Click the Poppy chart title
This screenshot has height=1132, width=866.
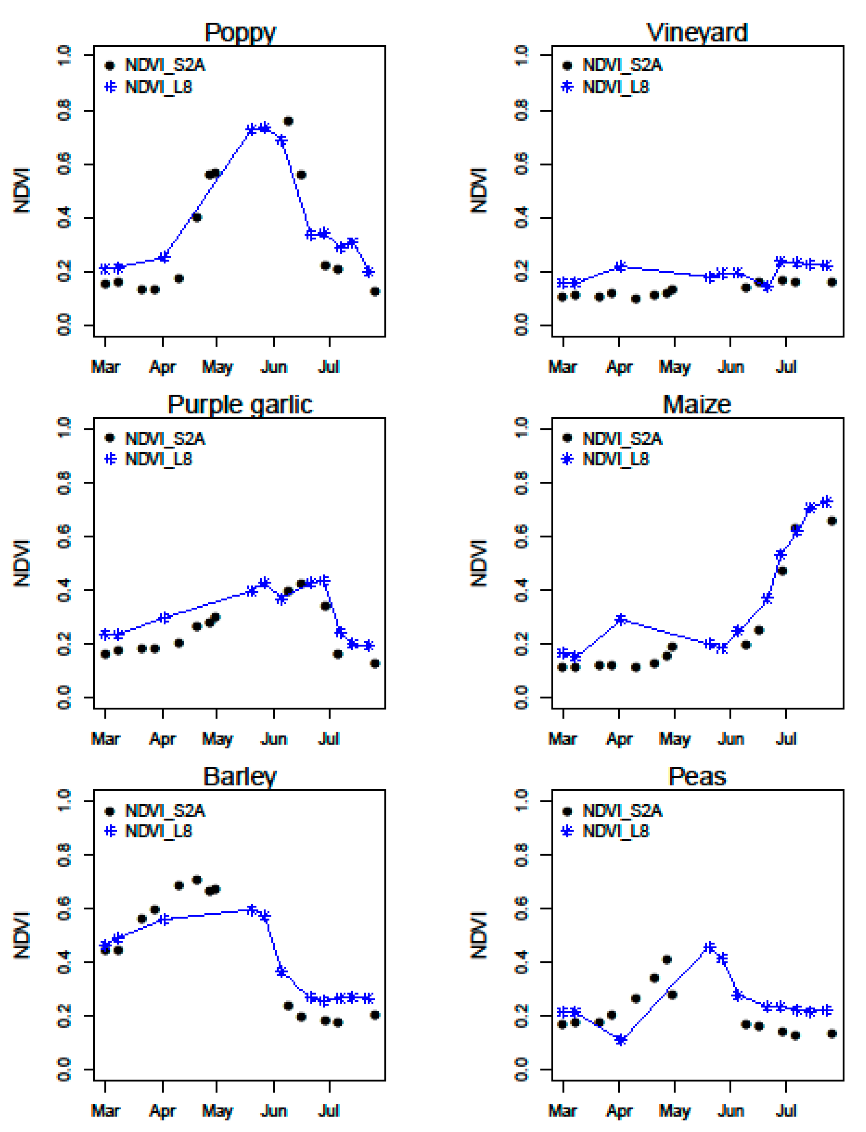[x=240, y=33]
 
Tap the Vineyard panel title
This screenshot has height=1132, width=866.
[x=697, y=33]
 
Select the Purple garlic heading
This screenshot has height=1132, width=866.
[x=240, y=405]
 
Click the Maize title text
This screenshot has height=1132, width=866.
[x=697, y=405]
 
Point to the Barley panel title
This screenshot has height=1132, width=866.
[x=240, y=777]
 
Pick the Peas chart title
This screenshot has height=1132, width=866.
[x=697, y=777]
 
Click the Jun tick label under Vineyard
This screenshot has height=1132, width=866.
[x=731, y=367]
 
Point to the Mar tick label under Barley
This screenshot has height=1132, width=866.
[x=105, y=1110]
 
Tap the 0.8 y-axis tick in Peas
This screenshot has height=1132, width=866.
[x=522, y=854]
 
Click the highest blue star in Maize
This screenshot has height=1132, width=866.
[x=826, y=502]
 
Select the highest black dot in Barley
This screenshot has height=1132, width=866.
[x=197, y=880]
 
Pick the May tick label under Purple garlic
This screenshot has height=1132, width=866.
[x=217, y=739]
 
